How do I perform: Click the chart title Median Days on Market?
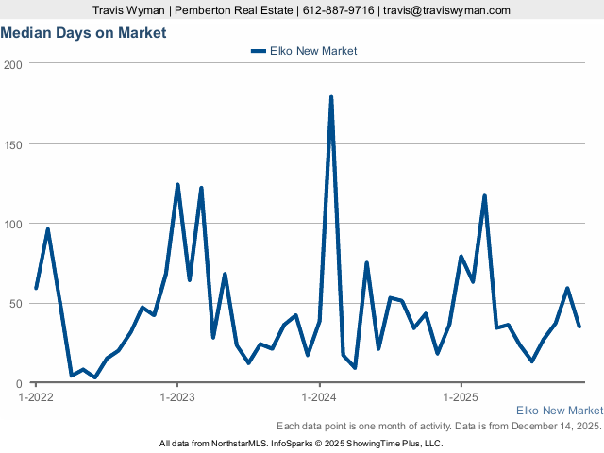point(83,33)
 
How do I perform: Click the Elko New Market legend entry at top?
point(304,51)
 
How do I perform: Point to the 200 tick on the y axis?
point(13,64)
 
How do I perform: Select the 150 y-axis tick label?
point(13,144)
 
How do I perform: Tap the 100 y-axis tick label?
point(13,225)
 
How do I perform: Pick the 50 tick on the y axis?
point(16,304)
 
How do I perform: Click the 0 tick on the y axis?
point(20,384)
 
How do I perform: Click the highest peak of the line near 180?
point(331,97)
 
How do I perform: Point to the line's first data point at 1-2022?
point(36,288)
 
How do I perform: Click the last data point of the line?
point(579,327)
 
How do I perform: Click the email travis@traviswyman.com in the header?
point(446,10)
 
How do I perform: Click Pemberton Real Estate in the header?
point(241,10)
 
